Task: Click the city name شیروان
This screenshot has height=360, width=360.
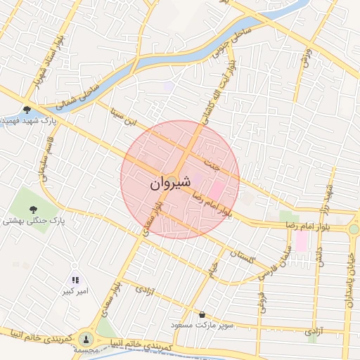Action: tap(169, 184)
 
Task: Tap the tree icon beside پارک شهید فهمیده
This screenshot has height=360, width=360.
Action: tap(27, 110)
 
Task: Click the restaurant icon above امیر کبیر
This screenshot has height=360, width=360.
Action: tap(75, 280)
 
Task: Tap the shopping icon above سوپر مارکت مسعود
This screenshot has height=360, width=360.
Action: tap(203, 315)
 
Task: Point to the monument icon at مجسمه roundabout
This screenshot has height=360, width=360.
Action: tap(86, 338)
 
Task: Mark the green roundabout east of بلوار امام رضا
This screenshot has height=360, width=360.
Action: tap(354, 229)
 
